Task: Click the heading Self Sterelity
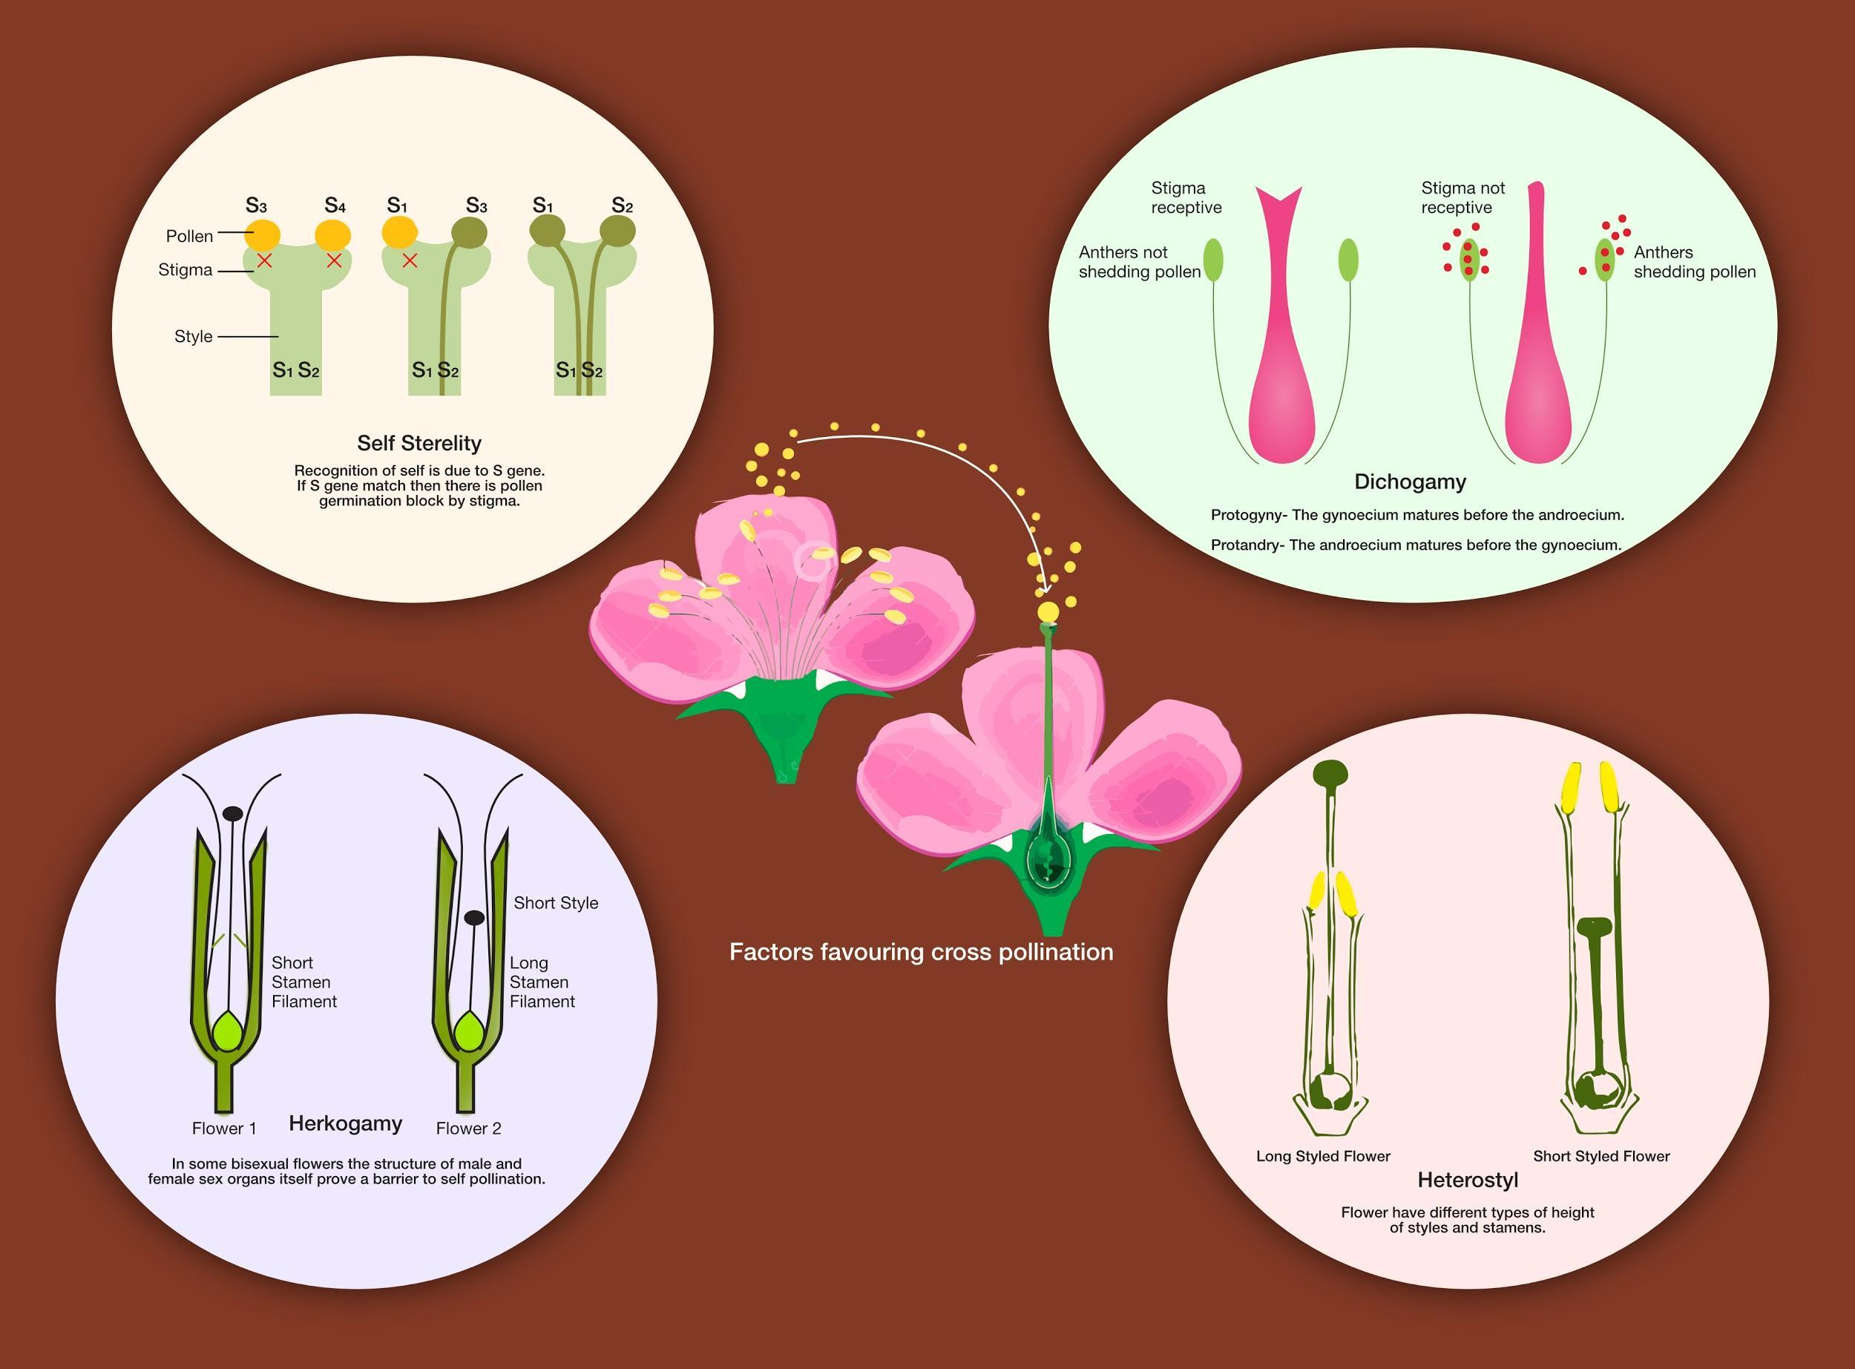(x=418, y=444)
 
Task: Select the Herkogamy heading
(x=346, y=1123)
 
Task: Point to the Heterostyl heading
(x=1467, y=1180)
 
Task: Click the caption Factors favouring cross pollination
(x=921, y=951)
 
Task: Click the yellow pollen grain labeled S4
(x=333, y=234)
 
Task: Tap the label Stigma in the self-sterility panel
(x=185, y=270)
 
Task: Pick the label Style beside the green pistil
(x=193, y=336)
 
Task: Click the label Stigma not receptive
(x=1462, y=198)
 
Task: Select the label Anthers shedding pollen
(x=1693, y=262)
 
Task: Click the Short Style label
(x=555, y=903)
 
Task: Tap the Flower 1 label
(x=223, y=1129)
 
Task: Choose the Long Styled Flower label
(x=1322, y=1156)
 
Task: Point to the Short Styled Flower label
(x=1600, y=1156)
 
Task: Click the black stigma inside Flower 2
(x=474, y=917)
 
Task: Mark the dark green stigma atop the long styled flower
(x=1330, y=773)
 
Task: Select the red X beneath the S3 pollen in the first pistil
(x=264, y=261)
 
